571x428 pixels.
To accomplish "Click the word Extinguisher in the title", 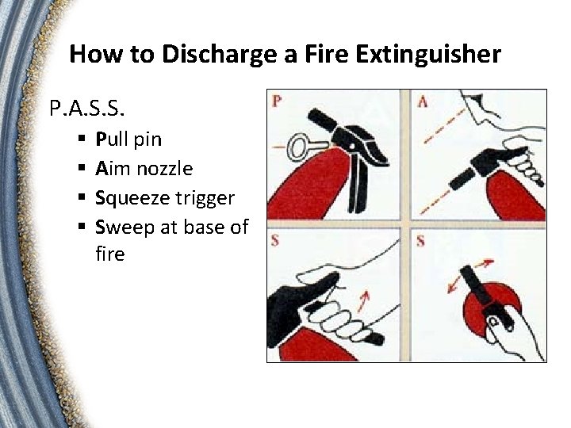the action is point(428,53).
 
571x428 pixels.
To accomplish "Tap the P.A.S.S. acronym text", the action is point(86,107).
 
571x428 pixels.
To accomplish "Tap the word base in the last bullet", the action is point(203,227).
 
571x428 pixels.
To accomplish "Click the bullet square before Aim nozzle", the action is point(82,168).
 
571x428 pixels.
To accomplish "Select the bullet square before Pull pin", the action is point(82,138).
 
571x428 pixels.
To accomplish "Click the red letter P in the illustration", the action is point(277,101).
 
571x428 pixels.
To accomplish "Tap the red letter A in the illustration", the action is point(423,101).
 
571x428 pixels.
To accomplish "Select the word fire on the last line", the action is point(110,254).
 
